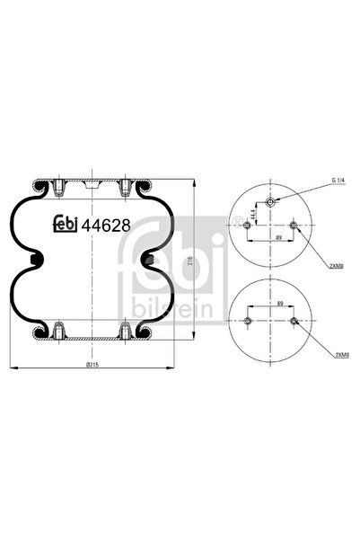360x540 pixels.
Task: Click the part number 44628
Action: [x=106, y=226]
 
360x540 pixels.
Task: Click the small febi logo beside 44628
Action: [x=66, y=226]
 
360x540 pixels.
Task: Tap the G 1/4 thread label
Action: [x=337, y=181]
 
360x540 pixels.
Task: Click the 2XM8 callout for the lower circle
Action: [x=340, y=355]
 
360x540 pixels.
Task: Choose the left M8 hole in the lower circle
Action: [x=248, y=321]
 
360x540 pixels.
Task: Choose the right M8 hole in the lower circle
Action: [x=293, y=321]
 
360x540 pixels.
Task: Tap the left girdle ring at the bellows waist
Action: [x=35, y=261]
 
